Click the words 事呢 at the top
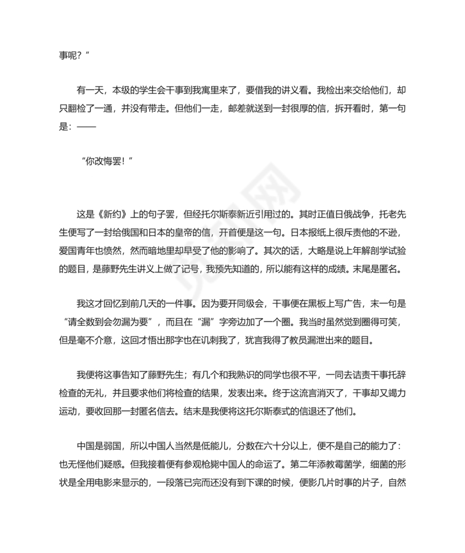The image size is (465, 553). point(68,55)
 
